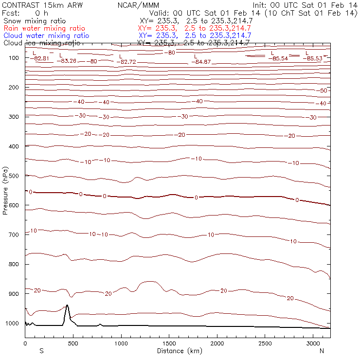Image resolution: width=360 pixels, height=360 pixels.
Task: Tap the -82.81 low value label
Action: pos(39,58)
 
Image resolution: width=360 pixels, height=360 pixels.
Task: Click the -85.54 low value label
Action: pos(278,58)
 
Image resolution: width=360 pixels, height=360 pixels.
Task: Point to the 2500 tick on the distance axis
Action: pos(265,343)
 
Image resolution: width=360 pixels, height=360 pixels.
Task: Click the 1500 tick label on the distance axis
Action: pos(169,343)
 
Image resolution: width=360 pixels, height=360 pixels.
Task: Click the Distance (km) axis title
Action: pos(178,351)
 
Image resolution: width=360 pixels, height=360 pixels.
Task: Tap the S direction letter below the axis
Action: pos(41,351)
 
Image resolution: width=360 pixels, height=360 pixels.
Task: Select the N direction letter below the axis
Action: pos(322,351)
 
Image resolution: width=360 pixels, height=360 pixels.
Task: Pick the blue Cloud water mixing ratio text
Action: pos(46,36)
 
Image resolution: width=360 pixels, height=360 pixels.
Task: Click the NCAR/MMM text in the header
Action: pos(138,5)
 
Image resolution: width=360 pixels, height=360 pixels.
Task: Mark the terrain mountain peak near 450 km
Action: pos(67,306)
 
